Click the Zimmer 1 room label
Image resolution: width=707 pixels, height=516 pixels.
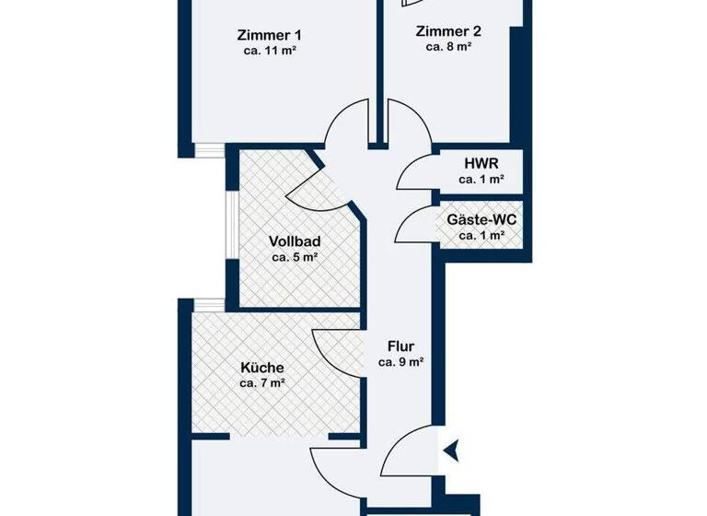tap(269, 35)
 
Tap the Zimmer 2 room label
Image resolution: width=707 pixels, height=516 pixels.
tap(448, 29)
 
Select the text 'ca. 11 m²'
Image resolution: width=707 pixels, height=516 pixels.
tap(269, 52)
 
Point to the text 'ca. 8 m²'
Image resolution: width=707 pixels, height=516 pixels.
tap(448, 46)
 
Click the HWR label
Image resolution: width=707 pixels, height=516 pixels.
tap(481, 162)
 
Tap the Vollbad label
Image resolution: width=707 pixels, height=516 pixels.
tap(295, 241)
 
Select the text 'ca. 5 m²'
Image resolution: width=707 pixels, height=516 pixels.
tap(295, 258)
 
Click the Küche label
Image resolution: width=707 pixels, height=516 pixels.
tap(262, 367)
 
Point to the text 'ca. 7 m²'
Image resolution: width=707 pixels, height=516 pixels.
tap(262, 383)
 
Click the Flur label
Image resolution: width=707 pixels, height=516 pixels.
tap(400, 346)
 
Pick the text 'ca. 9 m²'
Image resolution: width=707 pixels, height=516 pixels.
tap(400, 363)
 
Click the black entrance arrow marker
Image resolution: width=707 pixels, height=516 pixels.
tap(451, 451)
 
